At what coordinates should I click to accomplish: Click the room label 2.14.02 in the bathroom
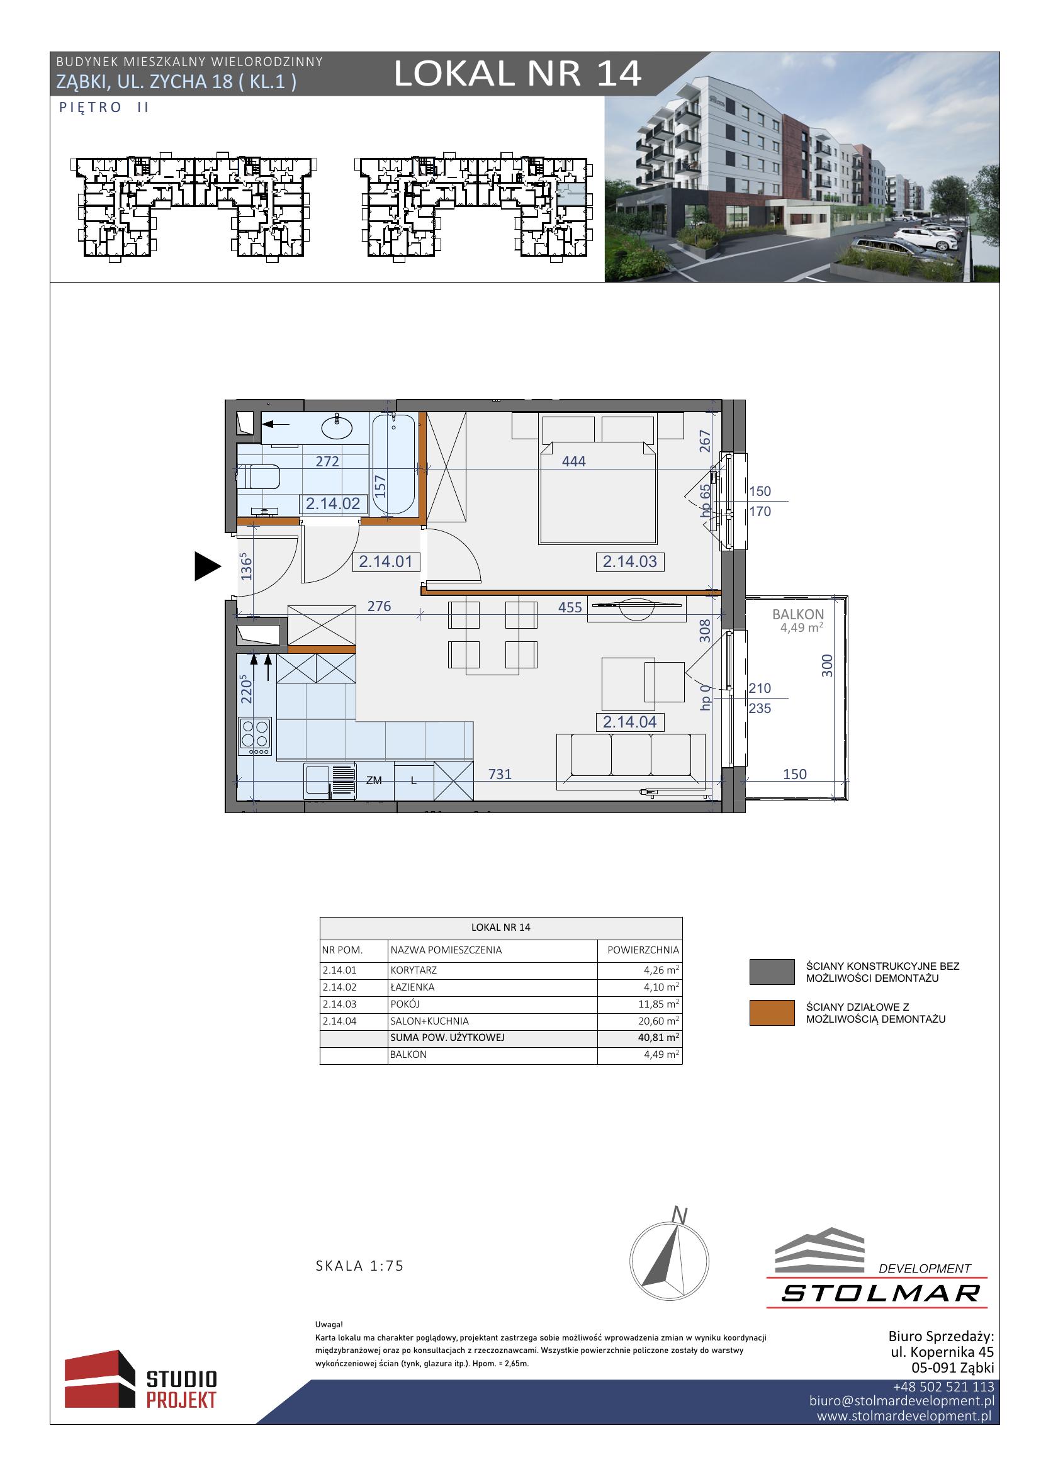click(x=334, y=504)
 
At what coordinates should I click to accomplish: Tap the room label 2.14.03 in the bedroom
click(x=630, y=561)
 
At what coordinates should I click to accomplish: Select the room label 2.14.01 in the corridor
click(x=385, y=561)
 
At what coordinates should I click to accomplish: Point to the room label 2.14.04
click(x=630, y=722)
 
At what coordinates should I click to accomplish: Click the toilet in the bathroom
click(x=259, y=477)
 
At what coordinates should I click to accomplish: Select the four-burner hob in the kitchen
click(x=255, y=736)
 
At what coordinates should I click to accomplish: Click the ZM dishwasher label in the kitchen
click(x=374, y=780)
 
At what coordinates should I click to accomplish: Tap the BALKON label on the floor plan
click(x=798, y=614)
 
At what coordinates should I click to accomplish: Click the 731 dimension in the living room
click(x=500, y=774)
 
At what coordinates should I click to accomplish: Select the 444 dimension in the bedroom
click(x=574, y=461)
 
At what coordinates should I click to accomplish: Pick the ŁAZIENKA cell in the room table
click(x=413, y=987)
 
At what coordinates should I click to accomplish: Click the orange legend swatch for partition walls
click(x=772, y=1013)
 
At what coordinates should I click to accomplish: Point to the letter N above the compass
click(x=680, y=1215)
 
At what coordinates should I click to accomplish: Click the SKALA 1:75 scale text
click(x=359, y=1266)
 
